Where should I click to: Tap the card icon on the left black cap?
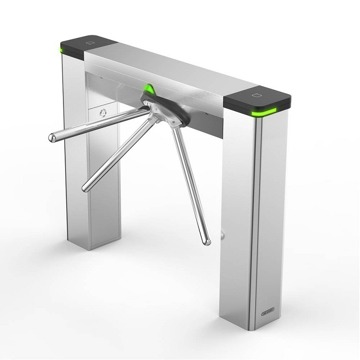coord(90,43)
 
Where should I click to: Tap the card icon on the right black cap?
coord(257,95)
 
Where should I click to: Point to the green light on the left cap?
coord(61,47)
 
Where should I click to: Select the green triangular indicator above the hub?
coord(149,88)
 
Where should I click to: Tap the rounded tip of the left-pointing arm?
coord(52,137)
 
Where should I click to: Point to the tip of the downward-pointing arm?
coord(207,242)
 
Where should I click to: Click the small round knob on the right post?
coord(222,234)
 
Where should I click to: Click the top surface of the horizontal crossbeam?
coord(171,67)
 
